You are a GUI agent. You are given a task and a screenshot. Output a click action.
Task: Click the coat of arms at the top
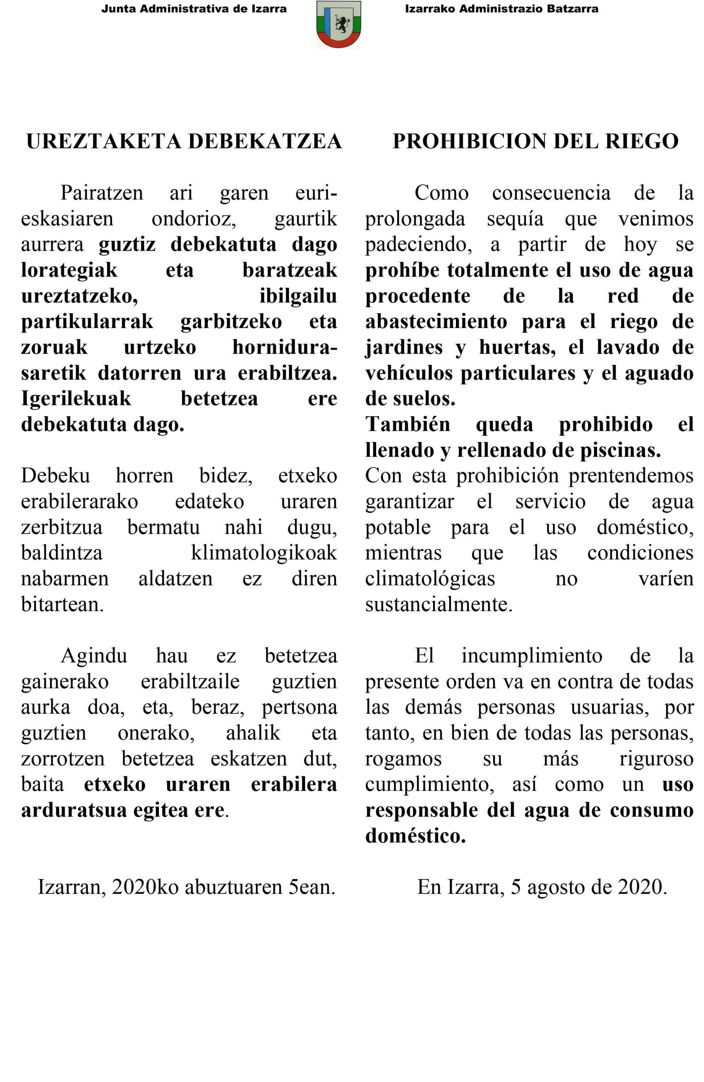(x=338, y=25)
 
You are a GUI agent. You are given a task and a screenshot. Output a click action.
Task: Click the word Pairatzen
(x=102, y=193)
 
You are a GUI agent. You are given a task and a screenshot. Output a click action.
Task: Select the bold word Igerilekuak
(x=76, y=399)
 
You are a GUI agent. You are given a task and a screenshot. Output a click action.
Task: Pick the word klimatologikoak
(x=264, y=553)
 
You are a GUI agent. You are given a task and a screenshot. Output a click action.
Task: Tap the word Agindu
(x=94, y=656)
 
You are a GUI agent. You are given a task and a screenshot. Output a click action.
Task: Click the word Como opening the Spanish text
(x=441, y=193)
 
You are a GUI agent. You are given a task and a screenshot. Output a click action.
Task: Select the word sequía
(x=515, y=219)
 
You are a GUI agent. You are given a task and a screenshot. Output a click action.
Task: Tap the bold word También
(x=408, y=425)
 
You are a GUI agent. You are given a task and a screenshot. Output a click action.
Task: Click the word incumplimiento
(x=532, y=656)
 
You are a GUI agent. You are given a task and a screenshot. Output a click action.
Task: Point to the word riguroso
(x=656, y=759)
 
